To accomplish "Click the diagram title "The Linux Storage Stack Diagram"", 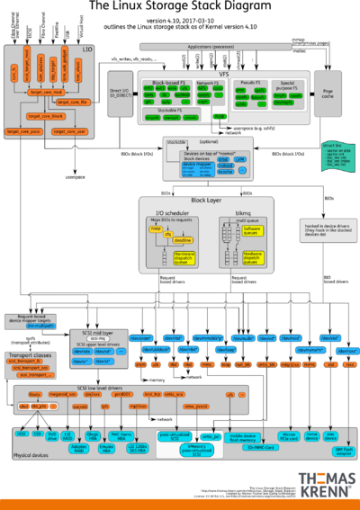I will (180, 7).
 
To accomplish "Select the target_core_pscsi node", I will (26, 131).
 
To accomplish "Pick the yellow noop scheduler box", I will (156, 229).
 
